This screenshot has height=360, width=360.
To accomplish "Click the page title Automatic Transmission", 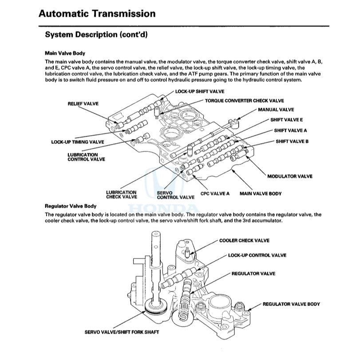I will click(x=97, y=13).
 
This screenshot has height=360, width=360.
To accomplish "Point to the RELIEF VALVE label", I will click(x=83, y=103).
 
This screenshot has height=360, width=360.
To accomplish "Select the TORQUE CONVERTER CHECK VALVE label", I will click(x=244, y=101).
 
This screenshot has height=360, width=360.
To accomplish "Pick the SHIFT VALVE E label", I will click(x=287, y=120).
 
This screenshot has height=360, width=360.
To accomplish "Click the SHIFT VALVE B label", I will click(x=292, y=141).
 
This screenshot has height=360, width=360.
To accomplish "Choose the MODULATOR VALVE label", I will click(x=290, y=176).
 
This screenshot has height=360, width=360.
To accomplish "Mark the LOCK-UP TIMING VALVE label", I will click(x=78, y=142).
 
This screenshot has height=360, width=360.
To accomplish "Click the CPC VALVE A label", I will click(x=215, y=194).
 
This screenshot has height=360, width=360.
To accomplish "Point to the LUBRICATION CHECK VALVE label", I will click(x=121, y=194).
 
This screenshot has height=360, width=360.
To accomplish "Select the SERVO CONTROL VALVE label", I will click(x=175, y=194).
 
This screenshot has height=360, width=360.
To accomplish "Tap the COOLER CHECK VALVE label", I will click(x=244, y=240).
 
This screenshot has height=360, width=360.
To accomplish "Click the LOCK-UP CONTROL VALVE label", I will click(x=257, y=255).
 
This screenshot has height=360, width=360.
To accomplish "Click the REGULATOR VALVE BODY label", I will click(x=291, y=304).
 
